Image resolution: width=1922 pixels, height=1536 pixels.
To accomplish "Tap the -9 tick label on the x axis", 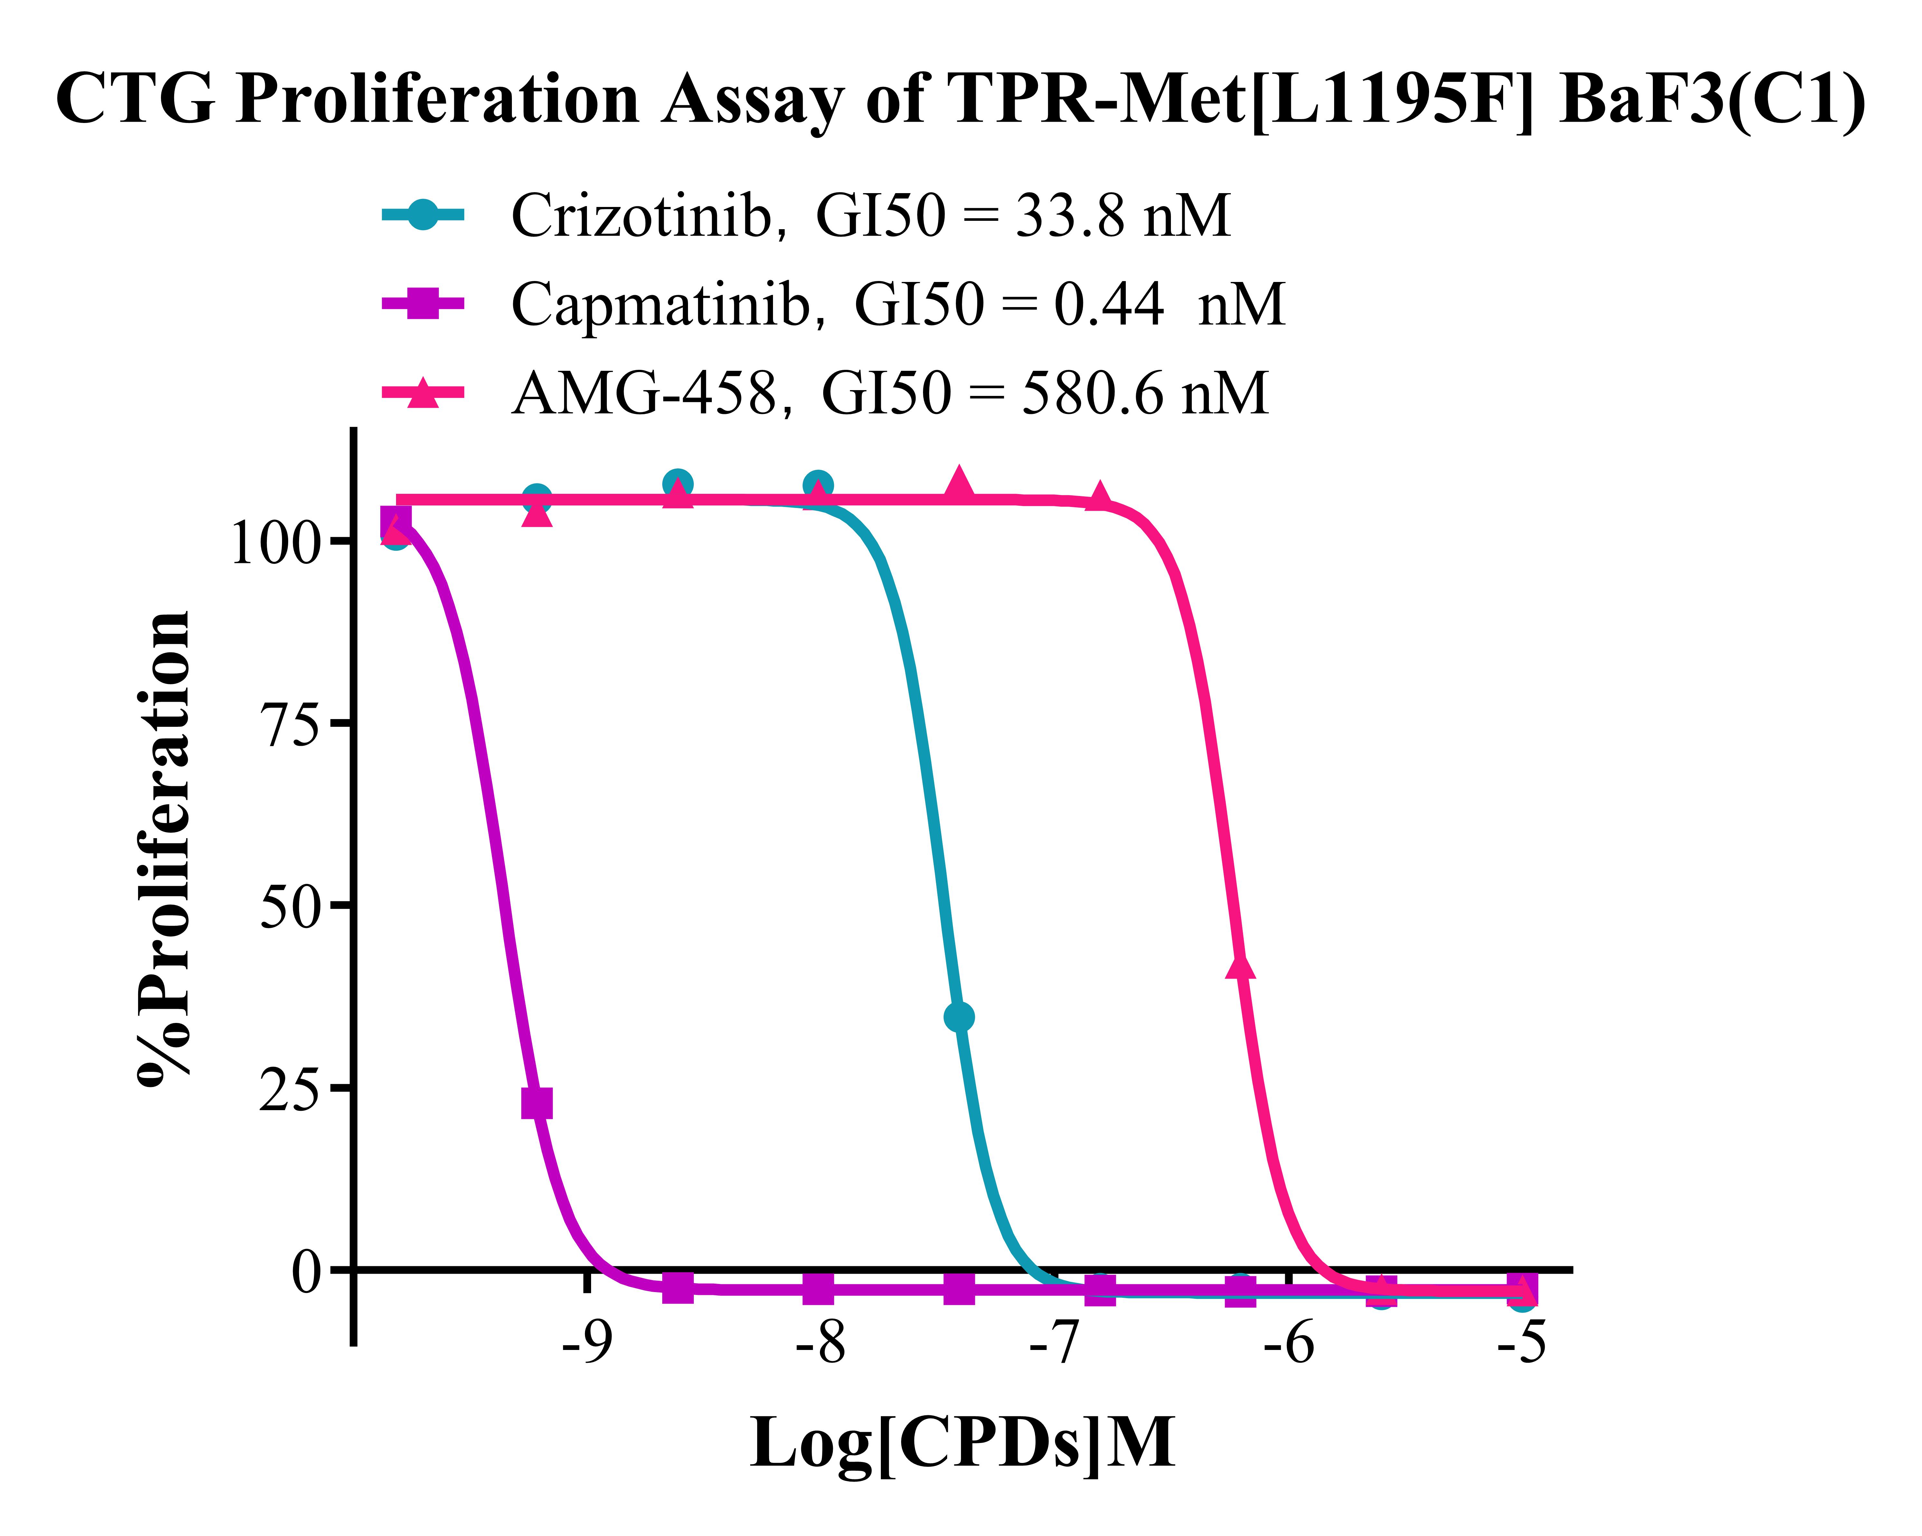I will [x=587, y=1342].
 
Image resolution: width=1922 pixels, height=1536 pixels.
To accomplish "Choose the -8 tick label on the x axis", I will [x=820, y=1342].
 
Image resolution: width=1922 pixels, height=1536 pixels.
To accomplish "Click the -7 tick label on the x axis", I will [x=1055, y=1342].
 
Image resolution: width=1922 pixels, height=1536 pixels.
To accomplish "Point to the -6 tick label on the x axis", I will [x=1288, y=1342].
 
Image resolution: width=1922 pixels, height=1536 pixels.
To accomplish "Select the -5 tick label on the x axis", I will [x=1522, y=1342].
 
